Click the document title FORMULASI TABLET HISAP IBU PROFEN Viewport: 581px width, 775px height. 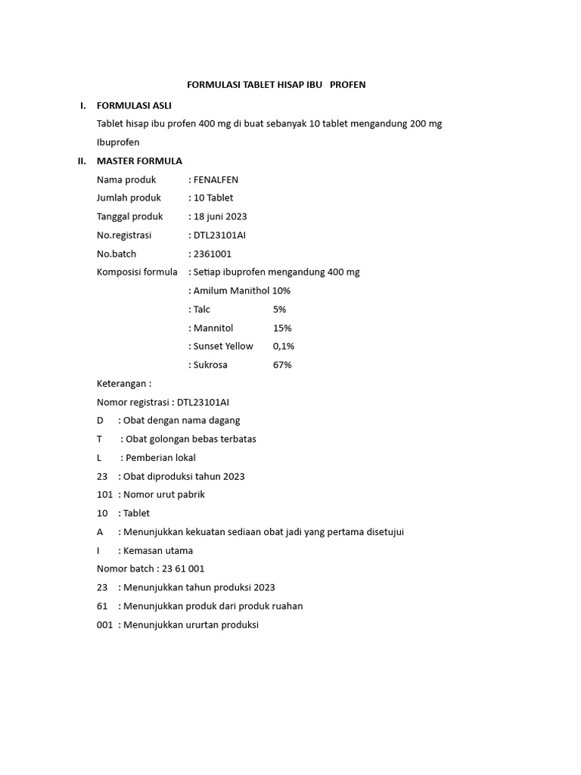[x=276, y=85]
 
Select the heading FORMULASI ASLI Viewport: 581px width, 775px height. [x=134, y=105]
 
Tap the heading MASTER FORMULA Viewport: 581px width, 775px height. [x=139, y=161]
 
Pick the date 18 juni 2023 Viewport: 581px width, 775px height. [x=220, y=216]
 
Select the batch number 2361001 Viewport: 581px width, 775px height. [x=213, y=254]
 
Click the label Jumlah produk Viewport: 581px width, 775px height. [x=129, y=198]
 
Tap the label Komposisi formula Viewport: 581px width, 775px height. [x=137, y=272]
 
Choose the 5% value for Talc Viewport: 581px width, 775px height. [x=279, y=309]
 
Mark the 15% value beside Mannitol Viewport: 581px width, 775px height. [x=282, y=328]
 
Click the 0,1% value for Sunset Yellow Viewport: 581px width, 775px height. [x=284, y=346]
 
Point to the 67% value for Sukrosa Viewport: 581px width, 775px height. [x=282, y=365]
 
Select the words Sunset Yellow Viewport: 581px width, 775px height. [x=223, y=346]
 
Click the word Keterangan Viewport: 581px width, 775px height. [x=122, y=383]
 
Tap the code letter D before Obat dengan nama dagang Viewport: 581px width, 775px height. [x=100, y=420]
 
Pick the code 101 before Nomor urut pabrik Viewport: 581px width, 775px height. [x=104, y=494]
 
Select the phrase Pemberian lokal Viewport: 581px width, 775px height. [x=160, y=457]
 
